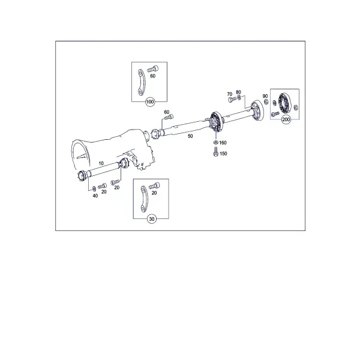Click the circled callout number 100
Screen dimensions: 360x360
pyautogui.click(x=150, y=102)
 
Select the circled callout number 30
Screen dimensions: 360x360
pyautogui.click(x=152, y=219)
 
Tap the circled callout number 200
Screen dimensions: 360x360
pyautogui.click(x=286, y=119)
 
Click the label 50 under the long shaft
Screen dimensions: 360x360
pyautogui.click(x=190, y=136)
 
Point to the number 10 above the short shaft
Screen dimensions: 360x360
pyautogui.click(x=101, y=163)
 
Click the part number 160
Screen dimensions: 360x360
pyautogui.click(x=223, y=143)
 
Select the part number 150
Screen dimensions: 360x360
pyautogui.click(x=223, y=154)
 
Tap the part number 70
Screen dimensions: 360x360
pyautogui.click(x=230, y=94)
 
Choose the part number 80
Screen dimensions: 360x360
pyautogui.click(x=239, y=92)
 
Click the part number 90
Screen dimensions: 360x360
pyautogui.click(x=265, y=96)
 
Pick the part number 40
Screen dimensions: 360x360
pyautogui.click(x=95, y=196)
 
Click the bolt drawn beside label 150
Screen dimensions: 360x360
pyautogui.click(x=215, y=152)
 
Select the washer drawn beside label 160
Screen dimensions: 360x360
pyautogui.click(x=215, y=142)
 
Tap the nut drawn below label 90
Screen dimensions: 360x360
pyautogui.click(x=266, y=101)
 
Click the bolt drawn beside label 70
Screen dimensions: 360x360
pyautogui.click(x=232, y=100)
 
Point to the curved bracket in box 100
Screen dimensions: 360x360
pyautogui.click(x=141, y=82)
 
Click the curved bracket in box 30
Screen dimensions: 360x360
pyautogui.click(x=144, y=199)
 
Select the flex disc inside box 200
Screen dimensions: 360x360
pyautogui.click(x=284, y=103)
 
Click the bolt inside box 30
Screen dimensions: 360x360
pyautogui.click(x=155, y=186)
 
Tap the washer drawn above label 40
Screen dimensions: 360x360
pyautogui.click(x=94, y=188)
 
